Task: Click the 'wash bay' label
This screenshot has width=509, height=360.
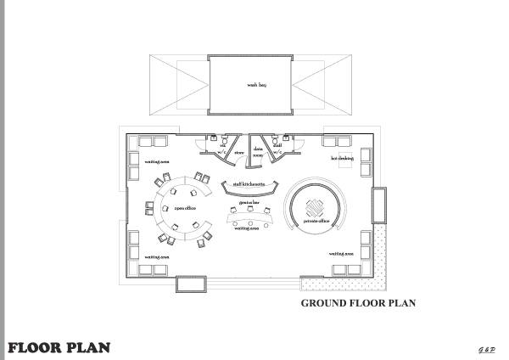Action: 256,86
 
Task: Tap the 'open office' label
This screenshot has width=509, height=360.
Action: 186,207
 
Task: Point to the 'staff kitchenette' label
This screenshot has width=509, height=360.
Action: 252,183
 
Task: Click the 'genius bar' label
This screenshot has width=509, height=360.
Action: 248,204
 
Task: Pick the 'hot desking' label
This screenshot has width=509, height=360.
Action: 342,158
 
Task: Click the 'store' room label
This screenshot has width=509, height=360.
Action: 239,154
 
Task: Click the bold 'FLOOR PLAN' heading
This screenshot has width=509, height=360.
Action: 59,347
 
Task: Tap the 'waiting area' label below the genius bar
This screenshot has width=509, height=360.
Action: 247,228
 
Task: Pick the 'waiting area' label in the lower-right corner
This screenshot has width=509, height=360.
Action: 341,254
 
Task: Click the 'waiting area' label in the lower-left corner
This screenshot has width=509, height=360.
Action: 157,256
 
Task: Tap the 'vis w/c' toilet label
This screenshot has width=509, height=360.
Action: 223,149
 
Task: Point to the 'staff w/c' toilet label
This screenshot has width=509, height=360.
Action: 277,149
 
